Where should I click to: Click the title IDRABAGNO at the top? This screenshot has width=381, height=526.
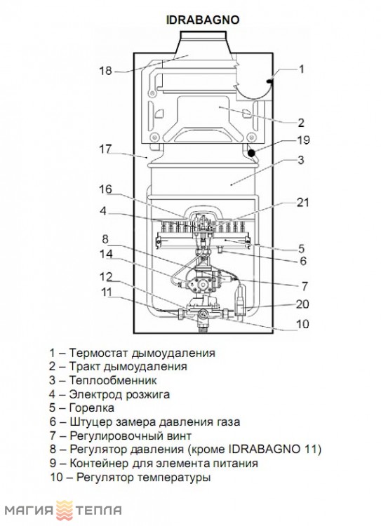[203, 20]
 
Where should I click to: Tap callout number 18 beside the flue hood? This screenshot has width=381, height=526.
[105, 71]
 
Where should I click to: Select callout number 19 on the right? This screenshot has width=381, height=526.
[303, 140]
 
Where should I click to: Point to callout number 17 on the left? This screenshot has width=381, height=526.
[106, 149]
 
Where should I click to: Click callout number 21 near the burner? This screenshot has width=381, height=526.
[302, 202]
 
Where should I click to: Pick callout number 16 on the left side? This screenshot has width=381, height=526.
[105, 189]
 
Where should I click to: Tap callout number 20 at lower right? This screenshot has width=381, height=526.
[302, 304]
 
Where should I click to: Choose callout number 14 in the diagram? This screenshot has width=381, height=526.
[106, 254]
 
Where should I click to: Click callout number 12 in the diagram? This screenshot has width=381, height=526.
[106, 277]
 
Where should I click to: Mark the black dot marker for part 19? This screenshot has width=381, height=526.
[251, 154]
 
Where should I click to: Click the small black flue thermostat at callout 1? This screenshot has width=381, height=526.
[269, 81]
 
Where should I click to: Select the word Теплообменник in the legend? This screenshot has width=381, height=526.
[113, 380]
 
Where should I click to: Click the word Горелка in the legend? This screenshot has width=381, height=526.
[92, 408]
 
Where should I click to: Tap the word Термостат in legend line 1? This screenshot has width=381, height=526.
[99, 353]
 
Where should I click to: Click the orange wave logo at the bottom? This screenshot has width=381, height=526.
[65, 511]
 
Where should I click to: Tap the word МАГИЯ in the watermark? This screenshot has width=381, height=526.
[29, 511]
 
